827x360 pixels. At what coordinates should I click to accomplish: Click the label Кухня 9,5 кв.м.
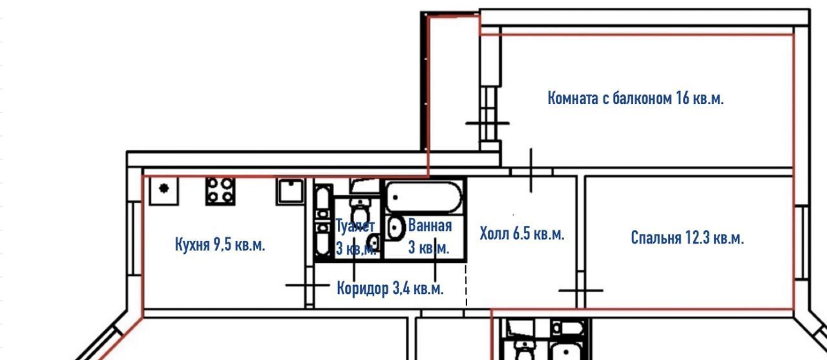tap(220, 245)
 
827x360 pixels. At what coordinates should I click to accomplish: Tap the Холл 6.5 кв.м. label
tap(522, 234)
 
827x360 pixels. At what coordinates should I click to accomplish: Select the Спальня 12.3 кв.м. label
tap(687, 238)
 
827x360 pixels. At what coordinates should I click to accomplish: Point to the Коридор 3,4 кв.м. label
tap(390, 288)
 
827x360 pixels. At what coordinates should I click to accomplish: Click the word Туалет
tap(355, 226)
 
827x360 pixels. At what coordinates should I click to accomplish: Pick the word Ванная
tap(430, 225)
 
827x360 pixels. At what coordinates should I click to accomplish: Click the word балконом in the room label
tap(642, 99)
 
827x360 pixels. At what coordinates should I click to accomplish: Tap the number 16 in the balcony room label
tap(683, 99)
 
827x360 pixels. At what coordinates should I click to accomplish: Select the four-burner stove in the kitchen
tap(220, 191)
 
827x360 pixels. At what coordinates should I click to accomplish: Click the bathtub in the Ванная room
tap(423, 197)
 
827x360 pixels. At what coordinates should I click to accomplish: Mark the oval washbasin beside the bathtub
tap(395, 228)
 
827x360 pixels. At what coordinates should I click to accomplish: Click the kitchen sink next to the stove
tap(290, 191)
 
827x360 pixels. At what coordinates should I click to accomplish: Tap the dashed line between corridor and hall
tap(466, 284)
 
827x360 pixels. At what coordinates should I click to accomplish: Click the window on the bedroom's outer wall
tap(800, 242)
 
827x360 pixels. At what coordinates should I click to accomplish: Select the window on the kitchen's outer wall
tap(134, 238)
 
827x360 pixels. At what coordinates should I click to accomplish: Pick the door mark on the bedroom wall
tap(581, 291)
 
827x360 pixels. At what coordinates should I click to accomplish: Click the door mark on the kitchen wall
tap(308, 285)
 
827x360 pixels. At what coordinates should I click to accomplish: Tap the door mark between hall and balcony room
tap(531, 171)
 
